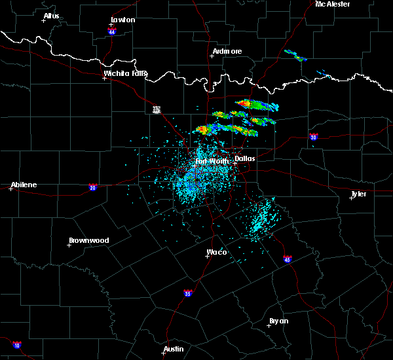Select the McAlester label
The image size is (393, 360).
click(332, 4)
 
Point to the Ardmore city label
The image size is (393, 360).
click(227, 51)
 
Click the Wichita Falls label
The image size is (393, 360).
click(125, 73)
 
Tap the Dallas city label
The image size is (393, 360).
click(245, 158)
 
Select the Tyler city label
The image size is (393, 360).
click(358, 194)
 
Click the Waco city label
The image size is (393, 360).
click(217, 252)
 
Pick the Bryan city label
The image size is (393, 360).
click(278, 321)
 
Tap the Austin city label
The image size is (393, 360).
click(174, 349)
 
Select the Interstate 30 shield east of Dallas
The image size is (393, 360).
click(313, 137)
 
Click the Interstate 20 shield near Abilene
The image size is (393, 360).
click(92, 187)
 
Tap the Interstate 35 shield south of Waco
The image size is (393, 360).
click(188, 293)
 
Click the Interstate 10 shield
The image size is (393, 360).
click(16, 345)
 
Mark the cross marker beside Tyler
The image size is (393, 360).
click(352, 198)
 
